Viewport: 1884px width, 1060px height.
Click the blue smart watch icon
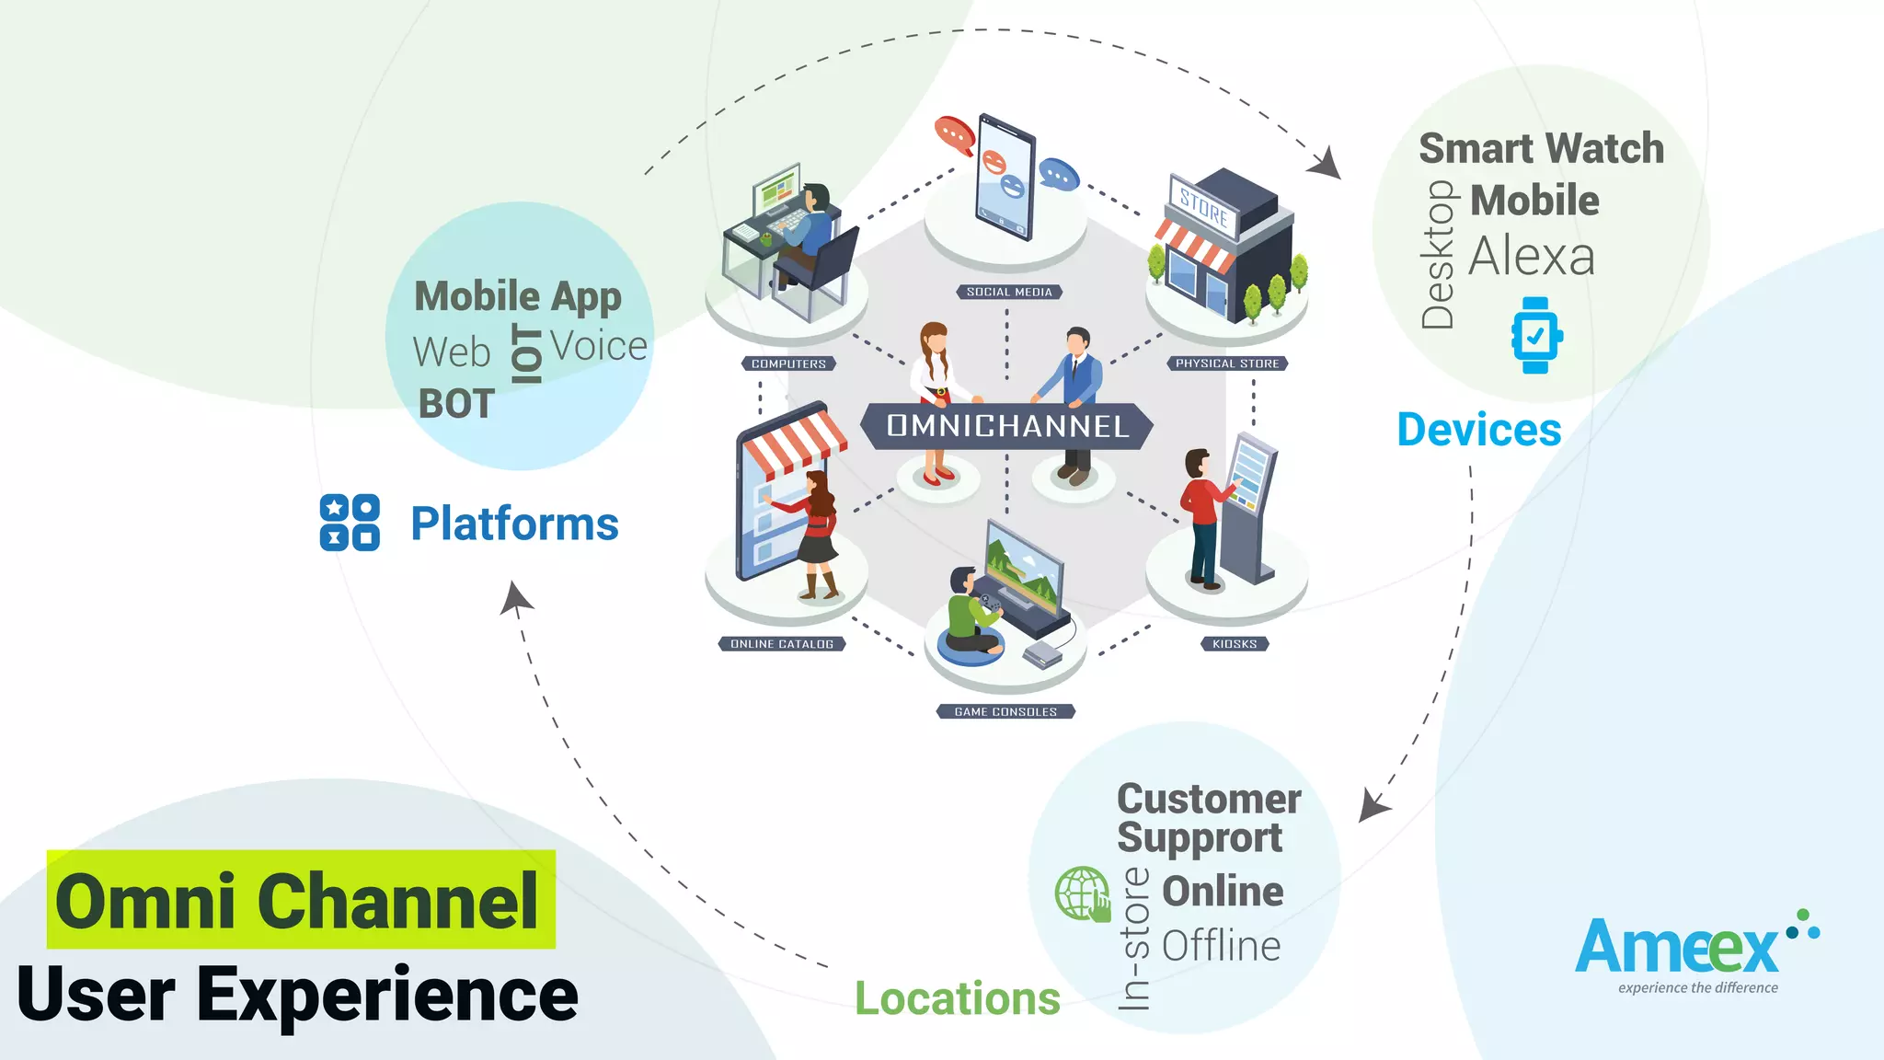click(1535, 336)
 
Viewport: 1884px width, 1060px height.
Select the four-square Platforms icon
click(350, 523)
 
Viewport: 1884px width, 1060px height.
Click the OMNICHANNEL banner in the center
click(1007, 426)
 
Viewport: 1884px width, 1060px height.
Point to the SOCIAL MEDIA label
click(1009, 292)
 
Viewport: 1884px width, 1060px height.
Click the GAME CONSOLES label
click(1005, 711)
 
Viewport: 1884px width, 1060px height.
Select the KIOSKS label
click(1235, 644)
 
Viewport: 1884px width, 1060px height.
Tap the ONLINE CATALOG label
click(782, 644)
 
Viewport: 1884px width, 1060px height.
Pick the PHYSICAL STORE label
click(1227, 363)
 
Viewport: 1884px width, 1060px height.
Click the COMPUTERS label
click(788, 363)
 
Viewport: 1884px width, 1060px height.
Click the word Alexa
click(1532, 257)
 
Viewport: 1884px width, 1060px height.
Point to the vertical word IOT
click(528, 353)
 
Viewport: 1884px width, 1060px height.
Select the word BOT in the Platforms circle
click(456, 404)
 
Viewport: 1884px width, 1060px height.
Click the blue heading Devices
click(1478, 430)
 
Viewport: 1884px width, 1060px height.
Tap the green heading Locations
click(957, 998)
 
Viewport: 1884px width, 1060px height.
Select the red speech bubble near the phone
click(955, 135)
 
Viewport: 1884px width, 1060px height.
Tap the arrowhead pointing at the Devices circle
click(1326, 165)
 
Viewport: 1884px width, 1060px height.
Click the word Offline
click(1221, 946)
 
